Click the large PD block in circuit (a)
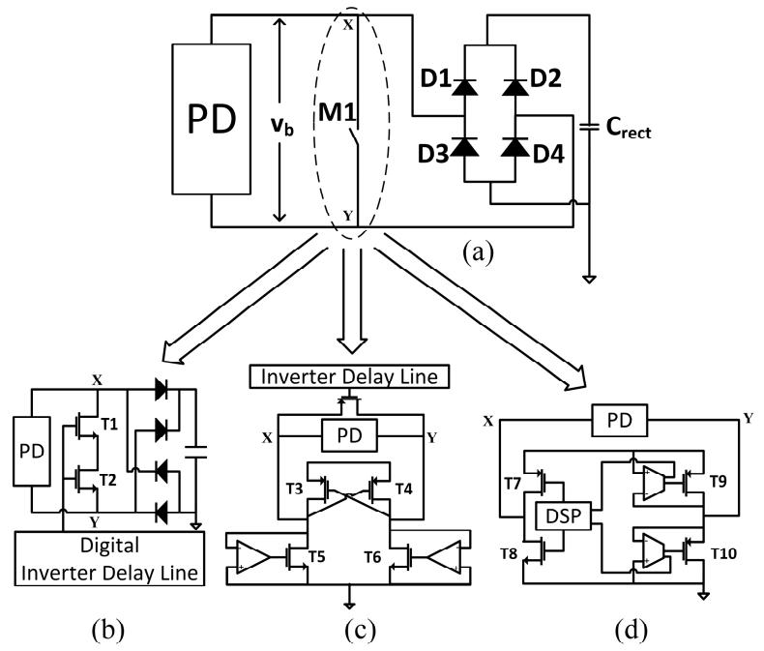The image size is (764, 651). click(212, 119)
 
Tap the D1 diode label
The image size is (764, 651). click(435, 78)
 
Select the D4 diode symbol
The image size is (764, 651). click(515, 147)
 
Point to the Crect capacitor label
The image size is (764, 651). click(628, 128)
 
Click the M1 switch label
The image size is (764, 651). click(338, 112)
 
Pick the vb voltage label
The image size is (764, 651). click(282, 125)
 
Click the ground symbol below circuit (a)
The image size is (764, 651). click(589, 280)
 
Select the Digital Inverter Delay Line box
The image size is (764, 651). click(109, 558)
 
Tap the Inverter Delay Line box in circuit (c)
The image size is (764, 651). click(349, 376)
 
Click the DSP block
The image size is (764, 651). click(563, 516)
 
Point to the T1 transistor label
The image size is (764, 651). click(109, 425)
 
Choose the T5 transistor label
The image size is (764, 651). click(316, 556)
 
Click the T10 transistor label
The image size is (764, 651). click(723, 553)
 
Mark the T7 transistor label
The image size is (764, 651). click(513, 484)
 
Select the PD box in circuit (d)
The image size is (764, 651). click(619, 420)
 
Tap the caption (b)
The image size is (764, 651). click(107, 630)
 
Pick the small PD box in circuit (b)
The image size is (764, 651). click(32, 451)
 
